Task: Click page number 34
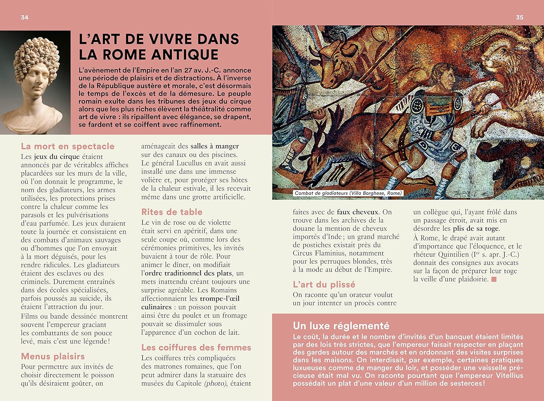[24, 17]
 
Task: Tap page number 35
[519, 17]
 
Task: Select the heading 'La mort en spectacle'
[67, 146]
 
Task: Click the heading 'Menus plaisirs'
[53, 356]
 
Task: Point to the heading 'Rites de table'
[172, 212]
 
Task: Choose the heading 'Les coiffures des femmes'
[196, 347]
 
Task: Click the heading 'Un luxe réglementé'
[341, 326]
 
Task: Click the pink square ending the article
[494, 279]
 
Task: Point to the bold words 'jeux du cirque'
[57, 156]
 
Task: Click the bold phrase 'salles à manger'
[215, 146]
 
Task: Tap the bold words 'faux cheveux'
[358, 212]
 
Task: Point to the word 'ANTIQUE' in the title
[185, 55]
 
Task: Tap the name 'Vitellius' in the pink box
[508, 376]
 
